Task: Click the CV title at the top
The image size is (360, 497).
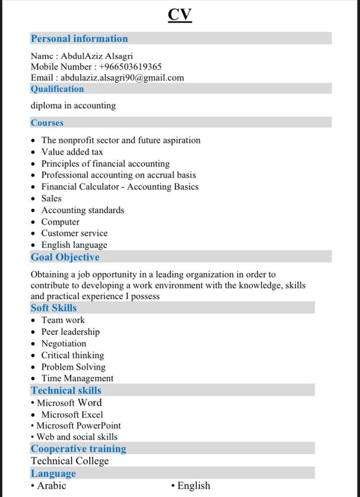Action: pyautogui.click(x=180, y=15)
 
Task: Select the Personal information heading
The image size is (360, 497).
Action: pyautogui.click(x=79, y=39)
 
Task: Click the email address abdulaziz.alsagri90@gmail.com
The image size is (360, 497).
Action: pyautogui.click(x=122, y=78)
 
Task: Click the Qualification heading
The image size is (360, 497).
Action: pyautogui.click(x=57, y=89)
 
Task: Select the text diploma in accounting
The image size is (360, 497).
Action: pyautogui.click(x=73, y=105)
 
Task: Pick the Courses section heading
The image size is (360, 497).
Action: pyautogui.click(x=47, y=123)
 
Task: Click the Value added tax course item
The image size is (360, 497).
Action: pyautogui.click(x=72, y=152)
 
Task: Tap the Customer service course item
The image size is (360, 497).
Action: pyautogui.click(x=74, y=233)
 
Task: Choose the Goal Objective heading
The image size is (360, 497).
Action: pyautogui.click(x=65, y=257)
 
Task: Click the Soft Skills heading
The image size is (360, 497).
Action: pyautogui.click(x=54, y=308)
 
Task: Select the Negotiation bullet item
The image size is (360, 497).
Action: pyautogui.click(x=64, y=343)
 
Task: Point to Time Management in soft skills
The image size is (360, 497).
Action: pyautogui.click(x=77, y=378)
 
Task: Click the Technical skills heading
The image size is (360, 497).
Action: pyautogui.click(x=66, y=391)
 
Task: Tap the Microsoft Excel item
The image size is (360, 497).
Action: pyautogui.click(x=72, y=414)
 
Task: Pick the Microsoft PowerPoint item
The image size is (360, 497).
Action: pyautogui.click(x=79, y=425)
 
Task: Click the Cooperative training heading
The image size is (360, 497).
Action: pyautogui.click(x=79, y=449)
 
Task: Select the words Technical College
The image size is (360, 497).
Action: pyautogui.click(x=70, y=461)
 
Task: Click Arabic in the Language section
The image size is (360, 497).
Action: pyautogui.click(x=51, y=486)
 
